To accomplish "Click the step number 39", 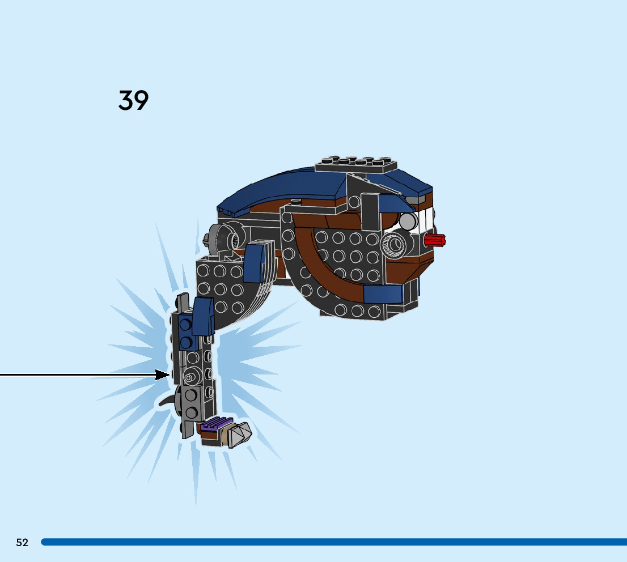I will [x=134, y=100].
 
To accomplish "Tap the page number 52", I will [x=22, y=542].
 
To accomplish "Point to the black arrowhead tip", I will [x=168, y=374].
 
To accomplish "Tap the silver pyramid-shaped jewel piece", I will [x=239, y=435].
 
